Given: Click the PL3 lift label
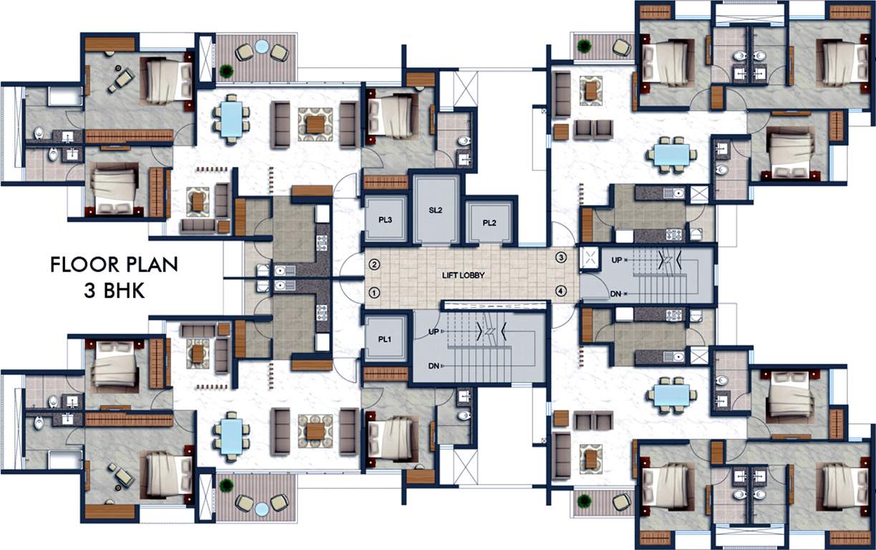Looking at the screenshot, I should pos(385,219).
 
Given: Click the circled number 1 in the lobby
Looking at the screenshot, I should pos(373,292).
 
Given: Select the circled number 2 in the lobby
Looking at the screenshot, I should pos(373,264).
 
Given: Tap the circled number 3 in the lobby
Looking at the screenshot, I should pos(561,257).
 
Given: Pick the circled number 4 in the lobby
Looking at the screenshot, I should pos(561,291).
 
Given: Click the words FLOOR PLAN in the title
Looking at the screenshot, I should pos(114,265).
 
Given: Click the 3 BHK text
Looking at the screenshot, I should pos(114,291).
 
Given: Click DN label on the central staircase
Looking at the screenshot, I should pos(434,366).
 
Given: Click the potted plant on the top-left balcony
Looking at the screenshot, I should pos(227,70).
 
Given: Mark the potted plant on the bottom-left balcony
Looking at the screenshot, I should pos(227,486).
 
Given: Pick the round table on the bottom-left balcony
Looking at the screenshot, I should pos(262,508).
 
